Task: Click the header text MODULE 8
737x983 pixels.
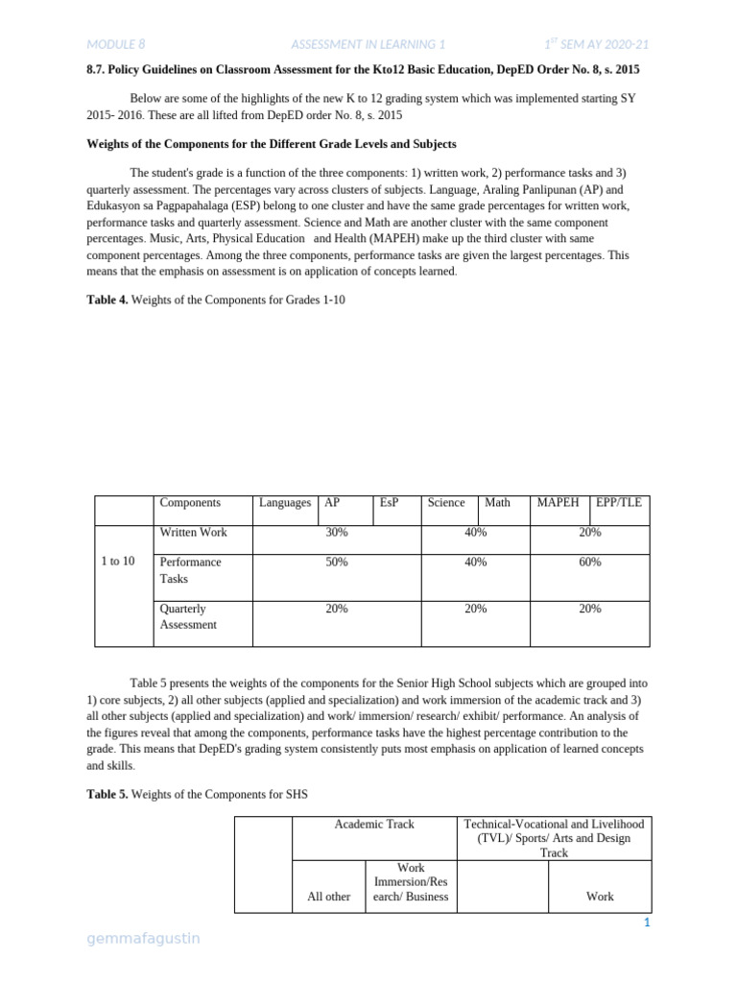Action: [x=115, y=44]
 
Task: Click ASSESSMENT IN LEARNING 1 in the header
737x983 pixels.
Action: [x=368, y=44]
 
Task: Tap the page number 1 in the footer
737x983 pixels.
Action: [x=648, y=923]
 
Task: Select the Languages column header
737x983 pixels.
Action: [x=285, y=503]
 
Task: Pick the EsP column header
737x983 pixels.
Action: [x=389, y=503]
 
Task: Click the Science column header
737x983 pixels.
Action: [x=446, y=503]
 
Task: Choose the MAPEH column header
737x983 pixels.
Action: [x=558, y=503]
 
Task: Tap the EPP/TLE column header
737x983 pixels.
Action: [x=619, y=503]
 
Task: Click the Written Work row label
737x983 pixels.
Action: [x=193, y=533]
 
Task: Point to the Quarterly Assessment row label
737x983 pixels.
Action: [x=188, y=616]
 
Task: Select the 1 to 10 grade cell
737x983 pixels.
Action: [x=118, y=562]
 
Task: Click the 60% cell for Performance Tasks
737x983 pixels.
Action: [x=590, y=563]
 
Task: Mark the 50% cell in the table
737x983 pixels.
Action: [x=337, y=563]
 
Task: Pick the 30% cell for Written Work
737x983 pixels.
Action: [x=337, y=533]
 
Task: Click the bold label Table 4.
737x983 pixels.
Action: [x=107, y=300]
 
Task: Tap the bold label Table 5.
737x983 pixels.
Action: [x=107, y=794]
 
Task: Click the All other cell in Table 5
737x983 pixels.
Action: [x=328, y=897]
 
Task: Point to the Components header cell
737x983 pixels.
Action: [x=190, y=503]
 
